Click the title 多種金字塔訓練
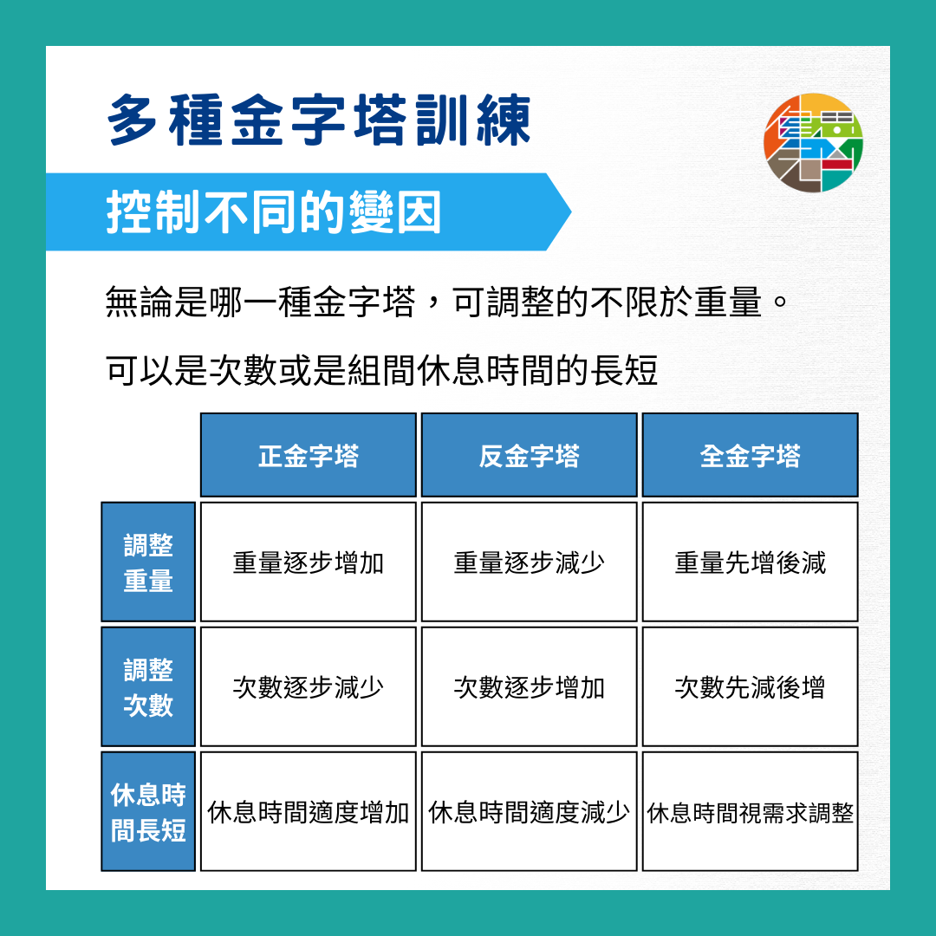319,121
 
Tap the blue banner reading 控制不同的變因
274,212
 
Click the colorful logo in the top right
813,142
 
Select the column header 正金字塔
309,456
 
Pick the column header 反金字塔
529,456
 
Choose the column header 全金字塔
750,456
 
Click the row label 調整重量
148,562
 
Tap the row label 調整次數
148,687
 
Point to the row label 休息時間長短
148,812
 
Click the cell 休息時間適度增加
309,813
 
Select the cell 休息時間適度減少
529,813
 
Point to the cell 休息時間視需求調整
750,813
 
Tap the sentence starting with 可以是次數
381,371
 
